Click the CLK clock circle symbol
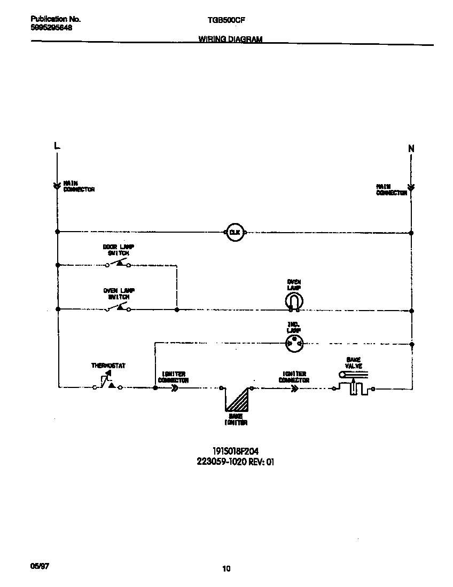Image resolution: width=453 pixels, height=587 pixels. pyautogui.click(x=235, y=232)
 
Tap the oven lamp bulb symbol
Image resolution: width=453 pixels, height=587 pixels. pyautogui.click(x=293, y=303)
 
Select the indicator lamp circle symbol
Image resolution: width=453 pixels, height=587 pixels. pyautogui.click(x=293, y=344)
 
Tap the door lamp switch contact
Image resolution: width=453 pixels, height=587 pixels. pyautogui.click(x=118, y=263)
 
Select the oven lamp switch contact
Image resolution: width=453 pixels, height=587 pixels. pyautogui.click(x=118, y=307)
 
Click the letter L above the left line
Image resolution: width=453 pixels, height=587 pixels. pyautogui.click(x=57, y=146)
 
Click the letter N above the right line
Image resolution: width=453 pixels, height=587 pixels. pyautogui.click(x=411, y=149)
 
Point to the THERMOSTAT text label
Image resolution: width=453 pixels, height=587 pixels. pyautogui.click(x=108, y=366)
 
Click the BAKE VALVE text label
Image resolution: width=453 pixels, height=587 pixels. pyautogui.click(x=354, y=363)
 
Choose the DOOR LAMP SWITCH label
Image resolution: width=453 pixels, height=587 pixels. pyautogui.click(x=119, y=250)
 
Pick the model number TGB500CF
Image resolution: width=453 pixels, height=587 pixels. pyautogui.click(x=226, y=20)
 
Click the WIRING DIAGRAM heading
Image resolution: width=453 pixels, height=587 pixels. pyautogui.click(x=230, y=39)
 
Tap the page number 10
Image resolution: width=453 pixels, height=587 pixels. pyautogui.click(x=226, y=569)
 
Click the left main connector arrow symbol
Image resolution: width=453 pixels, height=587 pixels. pyautogui.click(x=57, y=186)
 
